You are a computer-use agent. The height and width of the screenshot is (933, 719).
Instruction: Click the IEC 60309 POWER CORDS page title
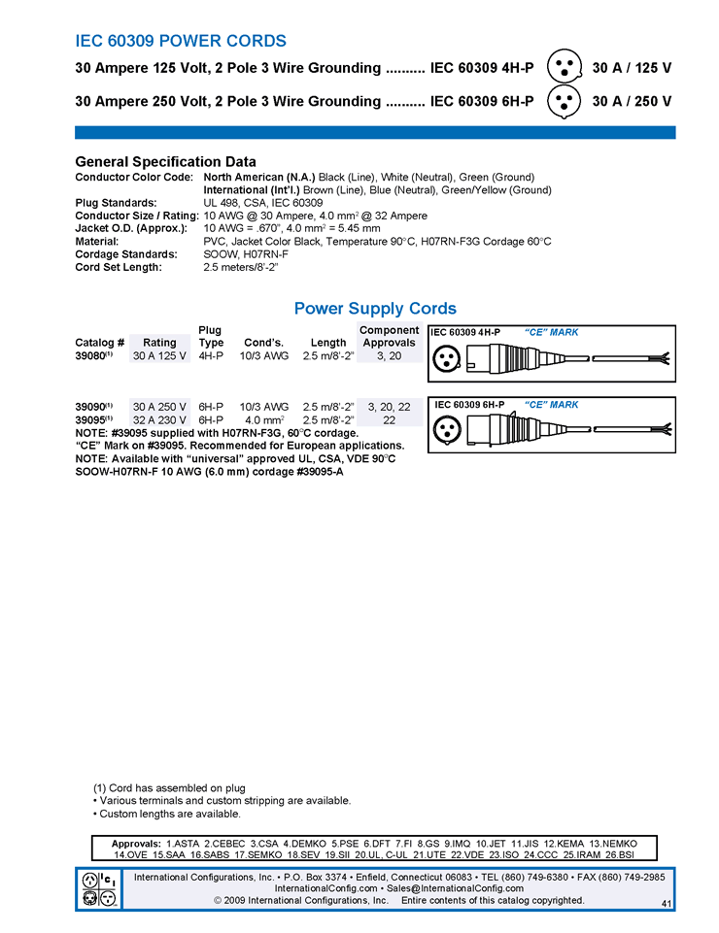click(x=181, y=41)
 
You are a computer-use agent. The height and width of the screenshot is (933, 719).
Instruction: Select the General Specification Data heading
click(x=165, y=162)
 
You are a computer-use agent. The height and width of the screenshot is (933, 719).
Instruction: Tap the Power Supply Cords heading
click(x=375, y=309)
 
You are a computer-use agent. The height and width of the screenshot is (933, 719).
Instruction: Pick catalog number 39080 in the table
click(x=93, y=356)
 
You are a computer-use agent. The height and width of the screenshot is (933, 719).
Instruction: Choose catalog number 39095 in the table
click(x=93, y=419)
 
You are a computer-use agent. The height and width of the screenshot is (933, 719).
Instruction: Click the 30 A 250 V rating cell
click(x=159, y=406)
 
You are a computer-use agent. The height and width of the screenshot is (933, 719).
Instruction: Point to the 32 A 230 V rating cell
click(x=159, y=419)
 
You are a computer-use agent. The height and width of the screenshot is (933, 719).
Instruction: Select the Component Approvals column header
click(x=389, y=336)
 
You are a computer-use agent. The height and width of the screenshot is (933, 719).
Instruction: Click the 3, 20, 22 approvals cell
click(x=389, y=406)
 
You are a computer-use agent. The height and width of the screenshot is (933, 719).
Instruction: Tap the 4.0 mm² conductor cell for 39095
click(x=263, y=419)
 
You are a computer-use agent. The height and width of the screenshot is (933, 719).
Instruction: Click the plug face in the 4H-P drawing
click(x=449, y=359)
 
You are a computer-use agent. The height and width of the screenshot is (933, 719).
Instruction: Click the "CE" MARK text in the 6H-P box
click(x=551, y=405)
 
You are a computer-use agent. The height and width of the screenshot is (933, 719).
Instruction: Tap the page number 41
click(x=666, y=904)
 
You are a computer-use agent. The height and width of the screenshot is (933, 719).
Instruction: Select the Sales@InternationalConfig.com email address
click(x=456, y=888)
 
